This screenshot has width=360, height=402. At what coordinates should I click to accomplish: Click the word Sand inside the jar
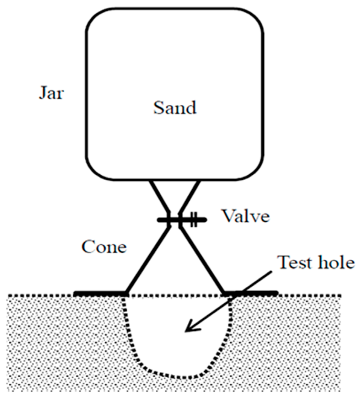click(x=175, y=108)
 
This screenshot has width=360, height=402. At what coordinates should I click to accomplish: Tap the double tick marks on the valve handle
click(x=194, y=221)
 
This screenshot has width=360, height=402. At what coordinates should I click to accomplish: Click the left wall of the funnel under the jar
click(x=160, y=197)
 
